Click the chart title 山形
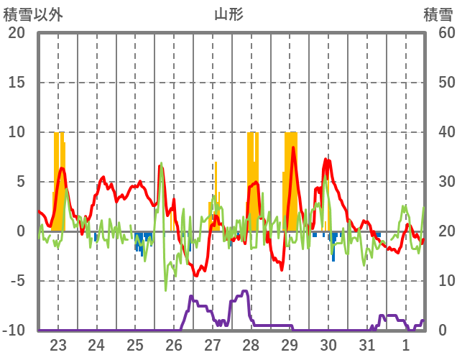tap(228, 14)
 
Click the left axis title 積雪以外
tap(32, 14)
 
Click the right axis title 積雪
tap(437, 14)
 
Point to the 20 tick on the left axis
tap(17, 33)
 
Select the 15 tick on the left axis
tap(17, 83)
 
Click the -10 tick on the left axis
tap(14, 331)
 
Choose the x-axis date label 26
tap(174, 344)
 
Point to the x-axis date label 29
tap(290, 344)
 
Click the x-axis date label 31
tap(367, 344)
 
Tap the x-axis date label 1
tap(406, 344)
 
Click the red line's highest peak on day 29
tap(293, 149)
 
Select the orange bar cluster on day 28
tap(252, 180)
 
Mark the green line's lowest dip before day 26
tap(166, 290)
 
